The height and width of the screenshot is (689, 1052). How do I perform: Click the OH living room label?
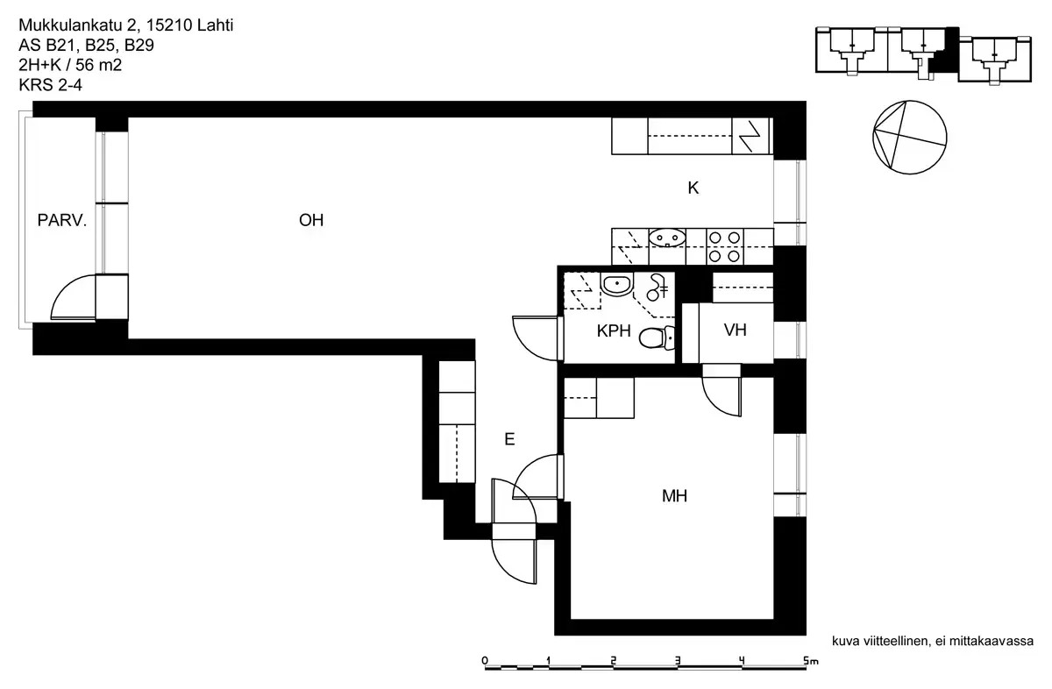tap(311, 221)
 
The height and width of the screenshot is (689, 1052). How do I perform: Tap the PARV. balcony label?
tap(61, 221)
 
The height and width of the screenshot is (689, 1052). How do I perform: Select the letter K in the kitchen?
tap(693, 188)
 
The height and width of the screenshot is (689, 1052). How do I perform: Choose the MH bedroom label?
tap(674, 497)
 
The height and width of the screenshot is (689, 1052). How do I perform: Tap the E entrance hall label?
tap(509, 440)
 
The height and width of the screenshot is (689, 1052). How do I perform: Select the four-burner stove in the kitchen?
tap(724, 246)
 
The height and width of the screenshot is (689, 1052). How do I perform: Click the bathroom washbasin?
tap(617, 283)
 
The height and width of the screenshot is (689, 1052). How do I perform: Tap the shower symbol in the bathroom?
tap(657, 284)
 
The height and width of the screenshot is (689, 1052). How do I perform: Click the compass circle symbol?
tap(909, 136)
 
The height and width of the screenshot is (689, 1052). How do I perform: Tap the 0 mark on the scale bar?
tap(485, 662)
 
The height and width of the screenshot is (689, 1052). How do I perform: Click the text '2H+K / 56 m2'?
tap(70, 65)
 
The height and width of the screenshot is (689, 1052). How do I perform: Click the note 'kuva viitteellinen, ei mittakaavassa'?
tap(933, 642)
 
